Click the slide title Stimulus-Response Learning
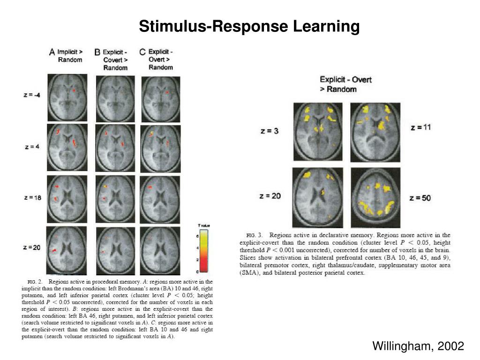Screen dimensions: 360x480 pos(249,26)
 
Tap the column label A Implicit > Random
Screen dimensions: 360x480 pos(66,56)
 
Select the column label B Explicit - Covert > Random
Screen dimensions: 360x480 pos(112,60)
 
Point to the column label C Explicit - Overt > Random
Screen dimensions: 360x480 pos(157,59)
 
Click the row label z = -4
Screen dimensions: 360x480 pos(31,95)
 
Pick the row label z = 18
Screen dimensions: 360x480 pos(32,198)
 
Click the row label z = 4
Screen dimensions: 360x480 pos(32,147)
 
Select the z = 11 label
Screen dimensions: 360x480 pos(420,127)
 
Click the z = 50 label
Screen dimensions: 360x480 pos(420,198)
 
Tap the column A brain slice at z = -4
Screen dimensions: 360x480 pos(67,97)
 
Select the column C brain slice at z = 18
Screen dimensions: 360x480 pos(161,199)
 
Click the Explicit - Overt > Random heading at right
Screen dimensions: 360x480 pos(345,84)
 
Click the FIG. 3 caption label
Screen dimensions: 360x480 pos(251,235)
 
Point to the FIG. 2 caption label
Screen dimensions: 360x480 pos(33,282)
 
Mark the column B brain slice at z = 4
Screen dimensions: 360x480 pos(115,147)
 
